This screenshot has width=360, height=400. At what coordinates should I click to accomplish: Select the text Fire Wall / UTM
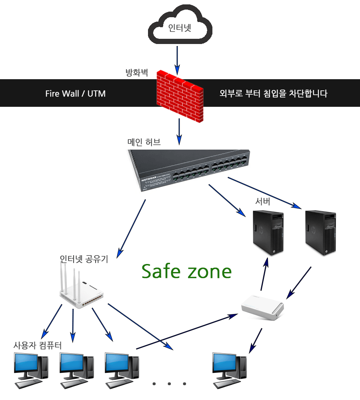pyautogui.click(x=75, y=94)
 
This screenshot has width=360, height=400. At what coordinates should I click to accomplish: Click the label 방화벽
pyautogui.click(x=137, y=73)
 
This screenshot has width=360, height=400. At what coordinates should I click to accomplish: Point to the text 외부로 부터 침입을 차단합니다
pyautogui.click(x=274, y=94)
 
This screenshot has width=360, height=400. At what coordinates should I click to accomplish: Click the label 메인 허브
pyautogui.click(x=144, y=142)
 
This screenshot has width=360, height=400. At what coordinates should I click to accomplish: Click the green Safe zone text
pyautogui.click(x=187, y=271)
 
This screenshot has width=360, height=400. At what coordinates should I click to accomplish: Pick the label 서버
pyautogui.click(x=263, y=202)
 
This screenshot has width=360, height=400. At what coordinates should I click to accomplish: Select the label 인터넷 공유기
pyautogui.click(x=84, y=259)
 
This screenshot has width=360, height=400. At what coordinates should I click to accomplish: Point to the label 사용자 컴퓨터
pyautogui.click(x=38, y=345)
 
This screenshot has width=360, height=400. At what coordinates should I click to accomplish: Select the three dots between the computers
pyautogui.click(x=170, y=384)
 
